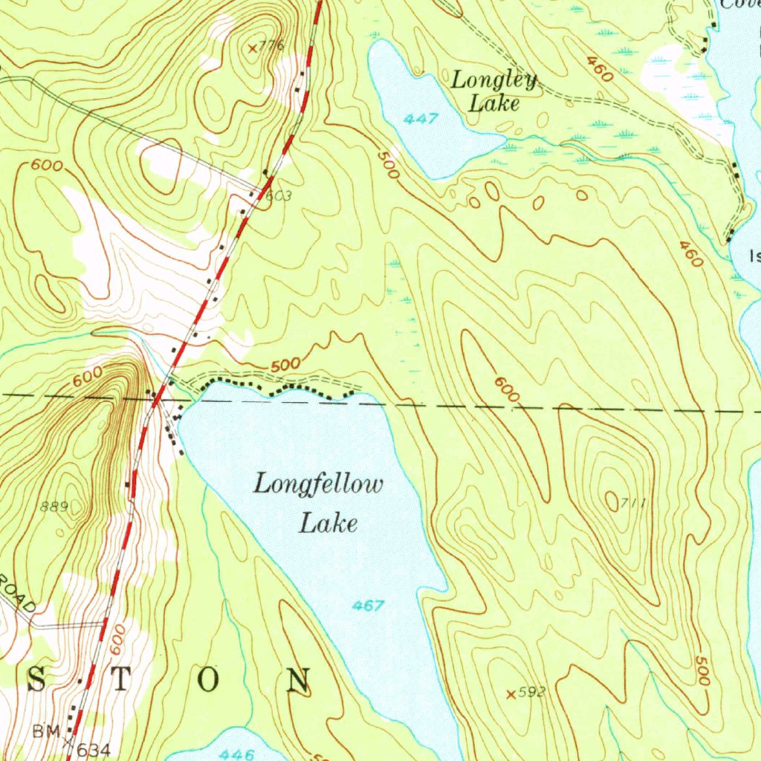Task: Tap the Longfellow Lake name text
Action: coord(320,504)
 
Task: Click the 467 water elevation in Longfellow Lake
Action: coord(369,606)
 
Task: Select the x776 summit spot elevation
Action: coord(265,47)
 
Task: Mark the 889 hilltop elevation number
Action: coord(54,507)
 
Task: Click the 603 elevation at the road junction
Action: coord(278,196)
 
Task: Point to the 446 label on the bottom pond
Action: coord(238,754)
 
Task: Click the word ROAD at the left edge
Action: coord(18,595)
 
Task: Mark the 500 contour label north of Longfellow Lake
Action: coord(285,365)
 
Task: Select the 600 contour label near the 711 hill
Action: coord(505,390)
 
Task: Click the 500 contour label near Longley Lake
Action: coord(388,165)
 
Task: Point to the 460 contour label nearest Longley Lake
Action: coord(598,69)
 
